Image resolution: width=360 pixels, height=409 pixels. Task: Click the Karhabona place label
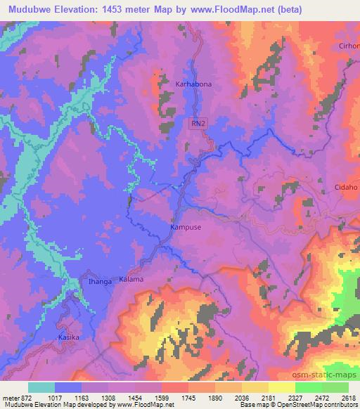[193, 84]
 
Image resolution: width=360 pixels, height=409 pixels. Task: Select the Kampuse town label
[186, 228]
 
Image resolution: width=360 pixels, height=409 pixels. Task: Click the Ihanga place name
[100, 282]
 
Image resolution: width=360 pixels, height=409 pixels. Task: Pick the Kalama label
[131, 279]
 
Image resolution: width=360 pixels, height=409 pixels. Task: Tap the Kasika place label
[69, 337]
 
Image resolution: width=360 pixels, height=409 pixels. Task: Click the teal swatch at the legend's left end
[41, 387]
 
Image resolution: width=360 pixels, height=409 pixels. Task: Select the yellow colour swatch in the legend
[282, 387]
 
